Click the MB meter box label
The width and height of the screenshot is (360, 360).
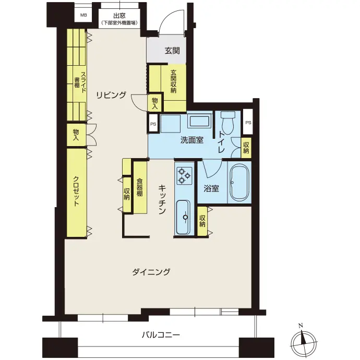83,15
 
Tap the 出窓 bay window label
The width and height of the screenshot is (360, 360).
119,16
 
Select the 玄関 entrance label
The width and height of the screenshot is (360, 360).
172,51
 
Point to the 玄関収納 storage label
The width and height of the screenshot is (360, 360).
173,81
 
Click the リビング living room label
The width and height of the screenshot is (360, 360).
111,95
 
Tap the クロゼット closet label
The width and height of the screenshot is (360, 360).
76,191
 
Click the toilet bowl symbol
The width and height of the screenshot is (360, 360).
228,122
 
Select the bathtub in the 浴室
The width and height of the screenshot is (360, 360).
239,183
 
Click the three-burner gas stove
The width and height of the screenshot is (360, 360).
184,176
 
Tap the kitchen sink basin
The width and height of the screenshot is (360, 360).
184,217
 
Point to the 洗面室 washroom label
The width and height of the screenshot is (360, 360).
192,140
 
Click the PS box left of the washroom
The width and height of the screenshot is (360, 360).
153,124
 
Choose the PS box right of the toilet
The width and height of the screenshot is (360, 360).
248,123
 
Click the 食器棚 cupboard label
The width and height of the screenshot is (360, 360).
139,187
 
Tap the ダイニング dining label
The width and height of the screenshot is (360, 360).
151,272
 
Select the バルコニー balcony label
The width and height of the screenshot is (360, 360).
161,335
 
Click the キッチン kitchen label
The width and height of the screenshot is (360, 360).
162,199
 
